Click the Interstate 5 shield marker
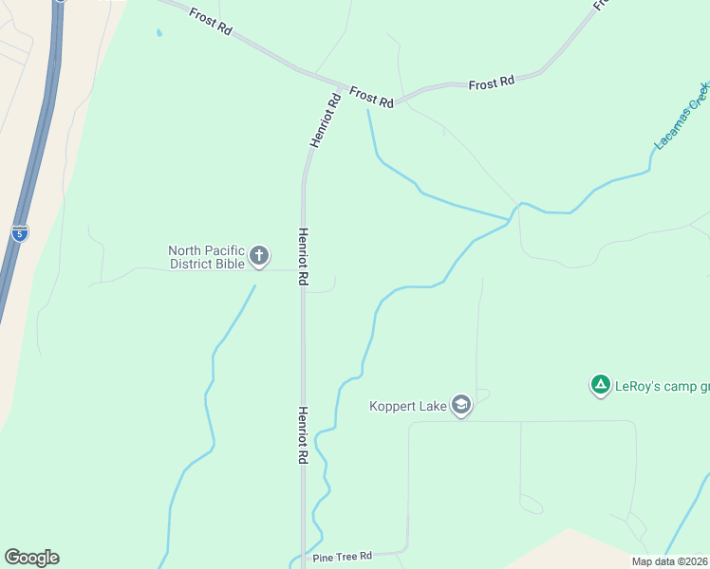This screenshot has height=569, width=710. click(x=20, y=231)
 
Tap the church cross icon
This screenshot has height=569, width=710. click(x=258, y=255)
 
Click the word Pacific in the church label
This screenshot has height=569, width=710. click(x=221, y=250)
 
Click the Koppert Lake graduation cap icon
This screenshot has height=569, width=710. click(x=461, y=406)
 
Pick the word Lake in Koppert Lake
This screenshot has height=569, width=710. click(x=434, y=407)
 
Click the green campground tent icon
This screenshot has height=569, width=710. click(x=600, y=385)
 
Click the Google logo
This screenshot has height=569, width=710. click(x=31, y=557)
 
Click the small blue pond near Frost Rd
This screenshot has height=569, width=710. click(x=159, y=32)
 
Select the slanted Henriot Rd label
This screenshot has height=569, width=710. click(x=325, y=119)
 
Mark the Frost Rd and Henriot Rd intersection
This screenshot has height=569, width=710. click(x=340, y=85)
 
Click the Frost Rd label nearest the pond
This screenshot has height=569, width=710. click(x=211, y=22)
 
